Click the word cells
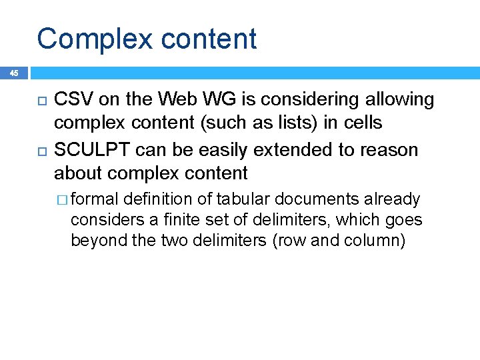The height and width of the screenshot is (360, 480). (363, 123)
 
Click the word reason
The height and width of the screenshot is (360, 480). (389, 149)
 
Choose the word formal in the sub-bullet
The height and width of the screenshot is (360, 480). (95, 199)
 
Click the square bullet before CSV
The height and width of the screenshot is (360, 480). (40, 101)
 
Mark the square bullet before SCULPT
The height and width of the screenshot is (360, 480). (40, 150)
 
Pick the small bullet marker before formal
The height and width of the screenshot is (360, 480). (62, 200)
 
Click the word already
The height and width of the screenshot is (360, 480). (397, 199)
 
